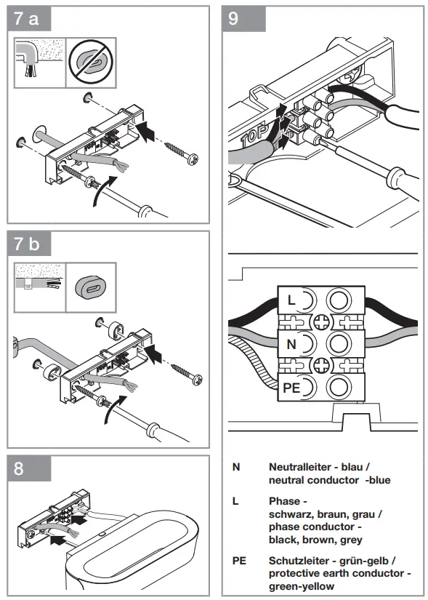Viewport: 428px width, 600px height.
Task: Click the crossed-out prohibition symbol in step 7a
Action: pos(92,63)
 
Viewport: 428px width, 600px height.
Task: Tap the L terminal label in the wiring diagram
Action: pos(291,300)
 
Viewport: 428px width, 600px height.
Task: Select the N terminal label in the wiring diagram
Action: pos(291,343)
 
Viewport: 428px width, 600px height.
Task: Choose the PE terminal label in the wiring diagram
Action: pos(291,388)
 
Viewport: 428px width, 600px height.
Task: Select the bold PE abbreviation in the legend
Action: pos(239,561)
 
